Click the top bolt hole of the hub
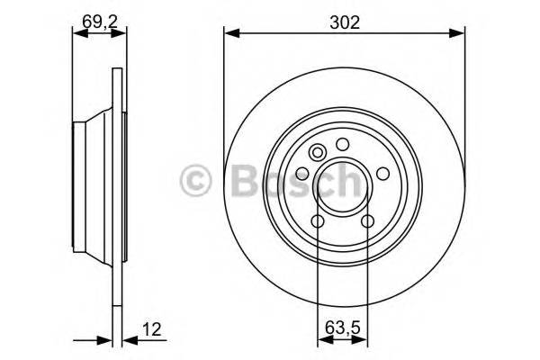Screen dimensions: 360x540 pos(342,144)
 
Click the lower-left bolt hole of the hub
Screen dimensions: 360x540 pos(318,222)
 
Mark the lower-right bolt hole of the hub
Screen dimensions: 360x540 pos(367,222)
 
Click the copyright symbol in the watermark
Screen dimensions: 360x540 pos(195,180)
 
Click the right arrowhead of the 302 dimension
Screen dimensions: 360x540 pos(460,34)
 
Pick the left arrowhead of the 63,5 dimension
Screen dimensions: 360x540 pos(323,339)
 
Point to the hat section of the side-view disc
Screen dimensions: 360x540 pos(90,180)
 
